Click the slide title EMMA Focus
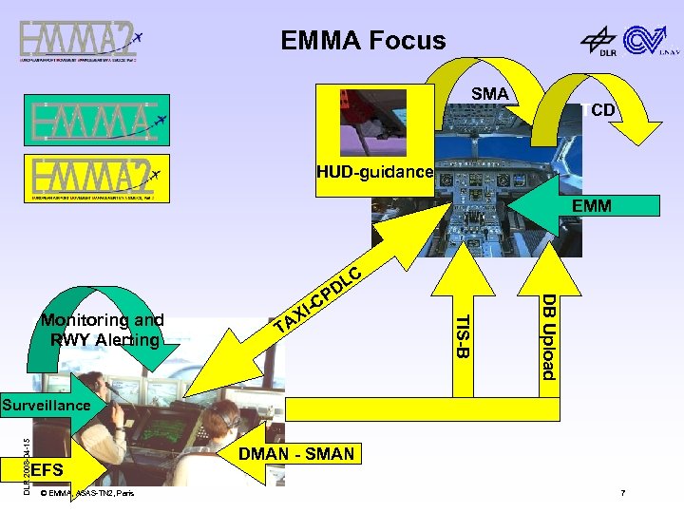tap(363, 40)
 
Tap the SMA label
tap(490, 94)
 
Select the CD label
tap(602, 111)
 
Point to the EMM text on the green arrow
tap(591, 204)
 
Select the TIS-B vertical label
tap(461, 336)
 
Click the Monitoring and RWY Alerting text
tap(102, 330)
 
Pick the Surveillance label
tap(46, 406)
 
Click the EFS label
tap(47, 470)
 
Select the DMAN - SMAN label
tap(297, 454)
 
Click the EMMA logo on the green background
tap(99, 121)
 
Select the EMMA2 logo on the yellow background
tap(99, 178)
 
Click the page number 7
tap(622, 493)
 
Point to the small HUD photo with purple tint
tap(372, 122)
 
